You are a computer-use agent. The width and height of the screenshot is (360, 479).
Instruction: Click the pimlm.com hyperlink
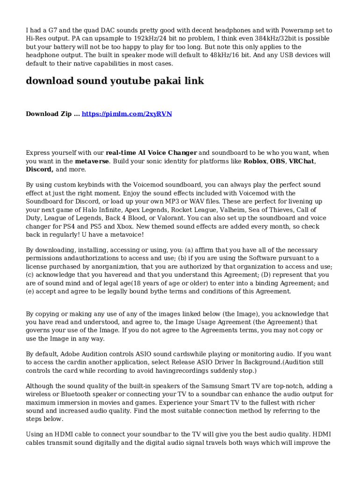pyautogui.click(x=127, y=114)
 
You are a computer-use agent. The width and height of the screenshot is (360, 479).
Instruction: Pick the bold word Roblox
pyautogui.click(x=254, y=161)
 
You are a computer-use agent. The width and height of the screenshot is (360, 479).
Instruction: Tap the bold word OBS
pyautogui.click(x=277, y=161)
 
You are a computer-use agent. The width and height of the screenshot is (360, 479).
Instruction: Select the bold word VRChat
pyautogui.click(x=301, y=161)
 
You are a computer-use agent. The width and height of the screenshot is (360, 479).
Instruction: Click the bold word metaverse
pyautogui.click(x=92, y=161)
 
